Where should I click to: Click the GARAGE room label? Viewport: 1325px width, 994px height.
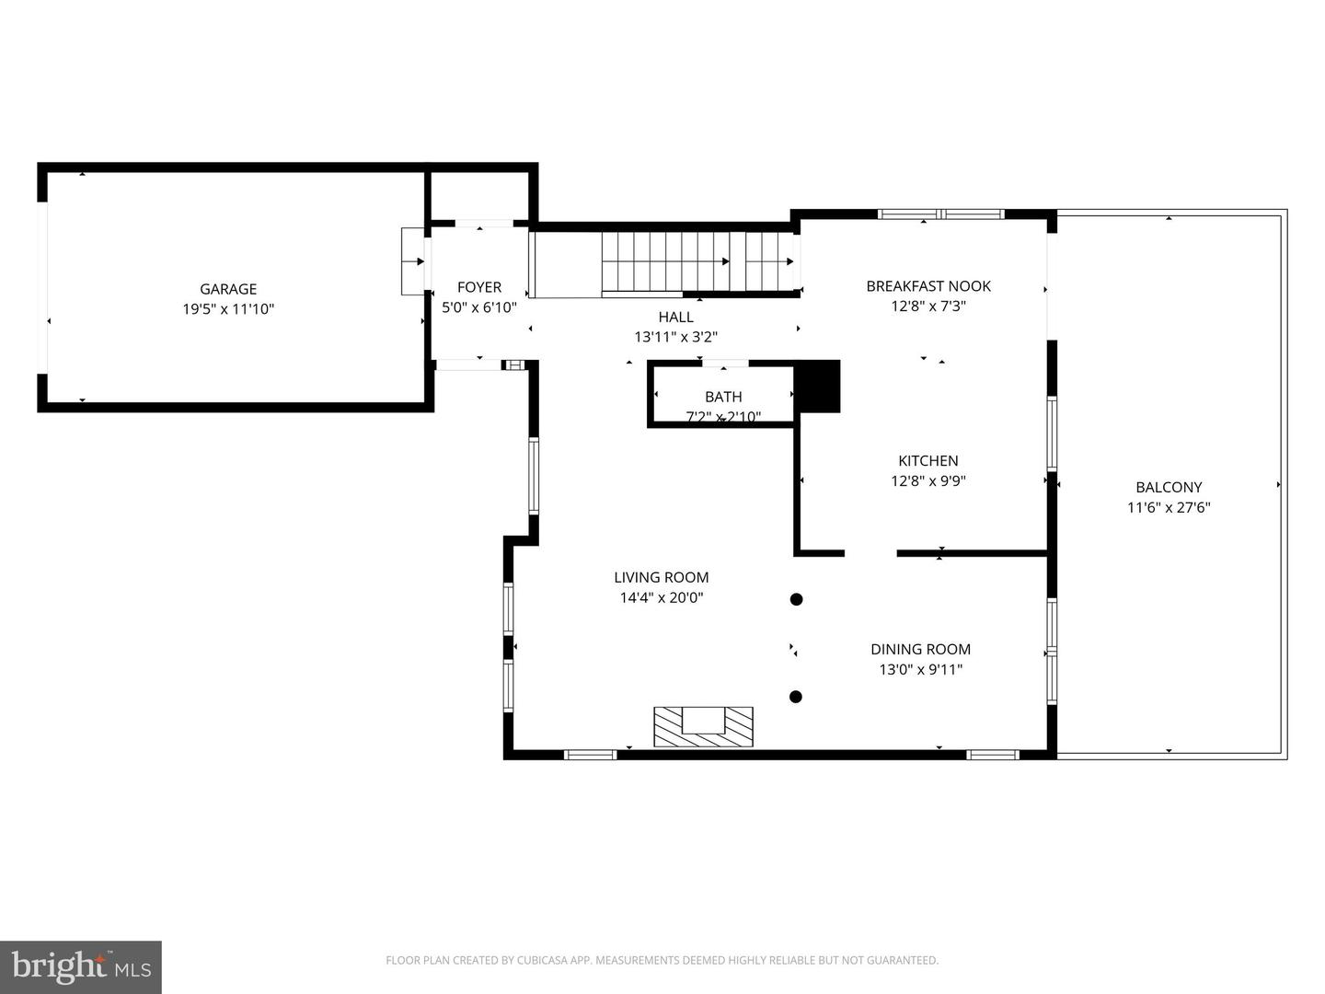pyautogui.click(x=228, y=289)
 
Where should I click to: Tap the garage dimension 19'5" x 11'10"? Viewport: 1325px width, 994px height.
pyautogui.click(x=228, y=309)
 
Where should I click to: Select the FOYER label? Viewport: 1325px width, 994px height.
pyautogui.click(x=479, y=287)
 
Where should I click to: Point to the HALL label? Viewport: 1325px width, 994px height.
pyautogui.click(x=675, y=318)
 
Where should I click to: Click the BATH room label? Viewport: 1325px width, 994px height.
pyautogui.click(x=723, y=397)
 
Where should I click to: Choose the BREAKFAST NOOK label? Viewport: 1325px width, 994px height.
pyautogui.click(x=928, y=286)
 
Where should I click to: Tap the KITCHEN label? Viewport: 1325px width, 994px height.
pyautogui.click(x=928, y=461)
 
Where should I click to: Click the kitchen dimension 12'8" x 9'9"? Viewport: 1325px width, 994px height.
pyautogui.click(x=928, y=480)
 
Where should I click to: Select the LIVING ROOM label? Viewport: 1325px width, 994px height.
pyautogui.click(x=662, y=578)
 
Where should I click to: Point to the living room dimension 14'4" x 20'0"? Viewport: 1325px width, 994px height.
pyautogui.click(x=662, y=598)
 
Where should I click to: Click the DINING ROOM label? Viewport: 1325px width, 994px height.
pyautogui.click(x=920, y=650)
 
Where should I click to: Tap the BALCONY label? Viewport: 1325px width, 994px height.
pyautogui.click(x=1169, y=488)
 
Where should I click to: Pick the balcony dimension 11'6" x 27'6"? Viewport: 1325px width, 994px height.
pyautogui.click(x=1169, y=507)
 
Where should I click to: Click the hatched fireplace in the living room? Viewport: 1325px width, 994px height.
pyautogui.click(x=703, y=726)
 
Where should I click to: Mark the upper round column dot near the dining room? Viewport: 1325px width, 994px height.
pyautogui.click(x=797, y=599)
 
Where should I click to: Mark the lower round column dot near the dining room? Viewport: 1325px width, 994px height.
pyautogui.click(x=797, y=697)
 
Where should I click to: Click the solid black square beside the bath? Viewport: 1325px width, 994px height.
pyautogui.click(x=818, y=387)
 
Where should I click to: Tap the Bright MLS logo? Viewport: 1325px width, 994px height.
pyautogui.click(x=81, y=966)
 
